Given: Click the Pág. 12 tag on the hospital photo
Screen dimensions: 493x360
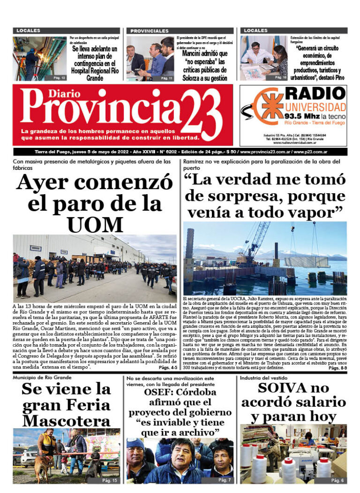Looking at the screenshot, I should click(59, 77).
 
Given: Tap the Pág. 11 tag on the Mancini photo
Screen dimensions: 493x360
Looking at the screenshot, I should click(167, 78).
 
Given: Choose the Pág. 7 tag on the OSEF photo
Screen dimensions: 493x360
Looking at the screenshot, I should click(225, 480).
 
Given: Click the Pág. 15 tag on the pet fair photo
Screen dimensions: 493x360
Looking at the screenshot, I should click(109, 480).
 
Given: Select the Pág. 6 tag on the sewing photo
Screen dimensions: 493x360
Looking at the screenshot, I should click(337, 480).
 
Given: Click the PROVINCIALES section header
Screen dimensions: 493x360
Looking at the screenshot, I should click(150, 31).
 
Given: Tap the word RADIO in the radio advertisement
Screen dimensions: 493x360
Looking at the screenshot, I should click(316, 93).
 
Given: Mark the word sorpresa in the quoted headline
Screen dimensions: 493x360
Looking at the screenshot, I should click(249, 196).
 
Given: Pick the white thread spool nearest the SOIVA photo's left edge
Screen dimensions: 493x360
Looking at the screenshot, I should click(246, 455).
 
